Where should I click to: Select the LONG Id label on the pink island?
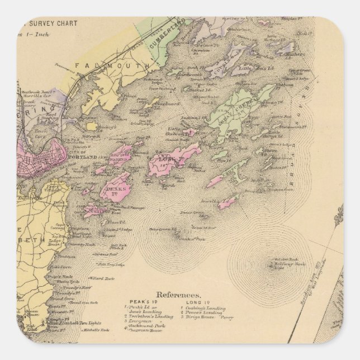(172, 161)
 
